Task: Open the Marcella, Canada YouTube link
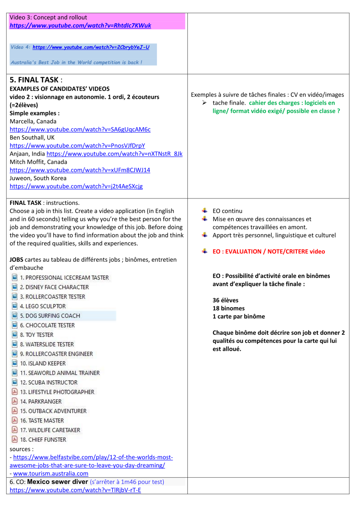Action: point(80,129)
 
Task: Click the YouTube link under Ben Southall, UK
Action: point(77,145)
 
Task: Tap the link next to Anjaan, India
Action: point(114,154)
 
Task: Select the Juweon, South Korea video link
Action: point(76,186)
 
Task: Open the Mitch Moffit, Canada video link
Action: point(80,170)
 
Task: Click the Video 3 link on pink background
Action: point(80,25)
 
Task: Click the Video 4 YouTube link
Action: point(91,47)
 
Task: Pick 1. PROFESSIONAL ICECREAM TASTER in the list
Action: point(64,277)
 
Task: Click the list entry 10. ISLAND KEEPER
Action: point(43,363)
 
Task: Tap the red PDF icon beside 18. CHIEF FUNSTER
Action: point(14,439)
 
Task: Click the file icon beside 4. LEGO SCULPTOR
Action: point(14,306)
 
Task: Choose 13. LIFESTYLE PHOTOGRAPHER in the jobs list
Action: point(57,392)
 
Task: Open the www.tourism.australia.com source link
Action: point(50,473)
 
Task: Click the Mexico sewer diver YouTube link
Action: point(75,490)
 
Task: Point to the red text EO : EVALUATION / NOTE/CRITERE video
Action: point(268,252)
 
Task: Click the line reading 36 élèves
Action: point(225,300)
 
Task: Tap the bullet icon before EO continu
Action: point(205,210)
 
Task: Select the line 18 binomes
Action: point(228,308)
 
